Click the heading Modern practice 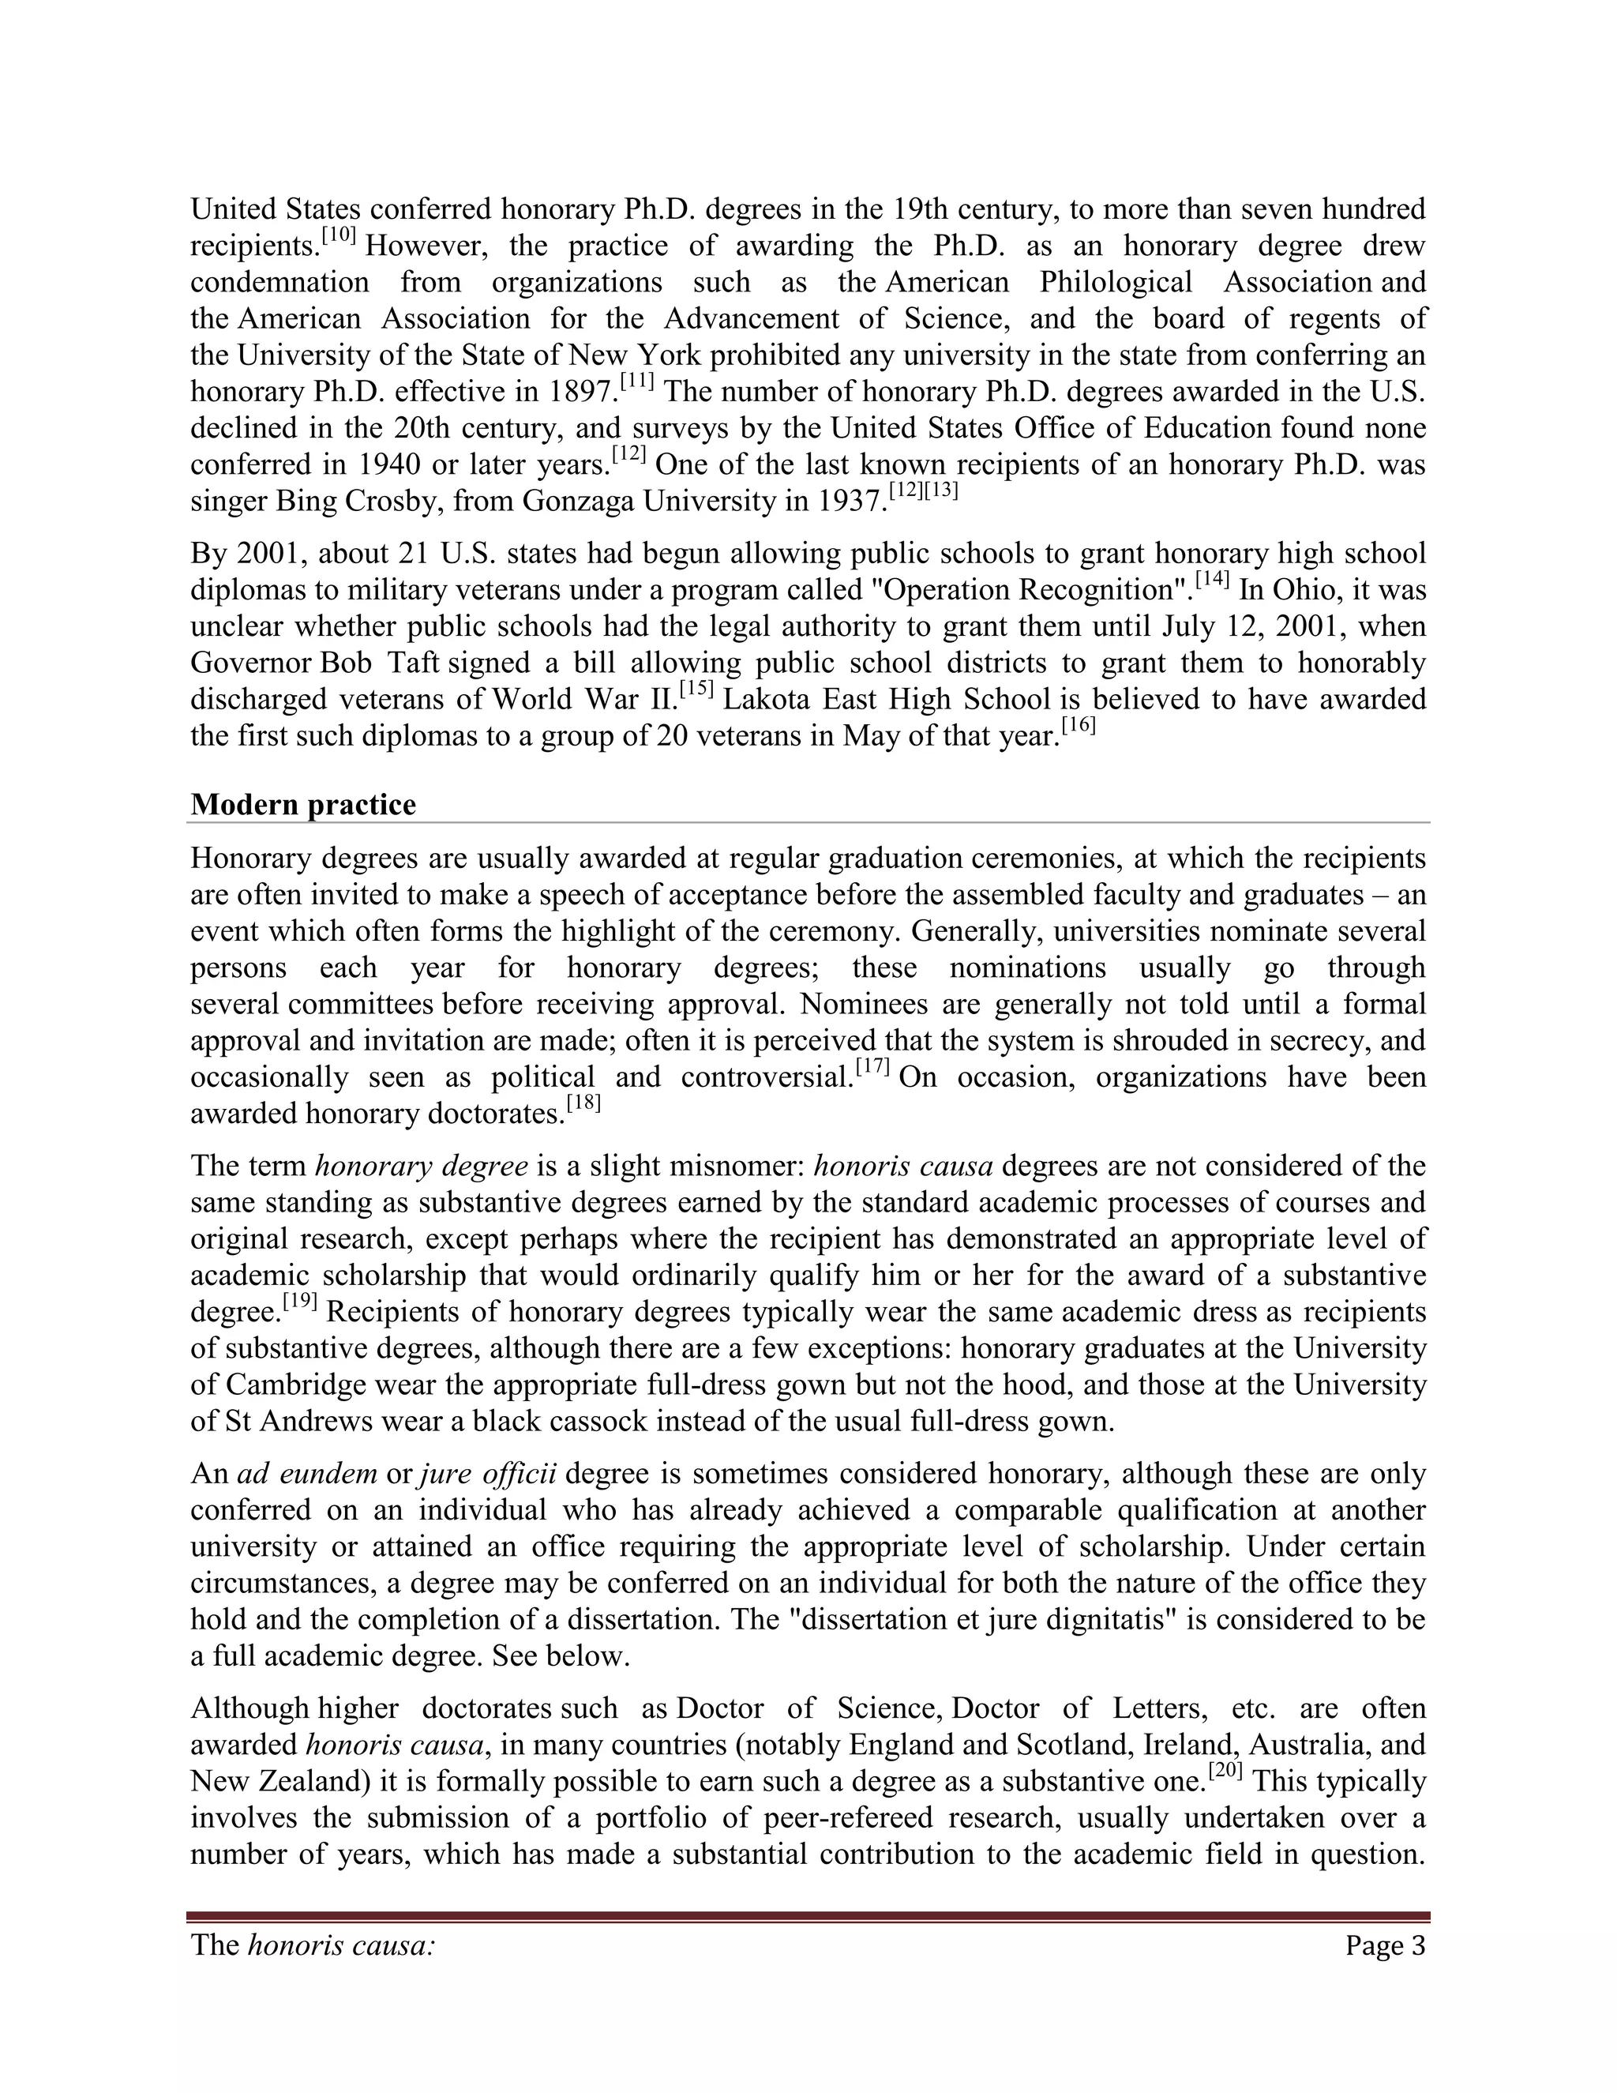tap(302, 804)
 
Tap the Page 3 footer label tap(1384, 1945)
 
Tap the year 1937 tap(852, 502)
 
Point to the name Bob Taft tap(379, 663)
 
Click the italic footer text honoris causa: tap(341, 1945)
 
